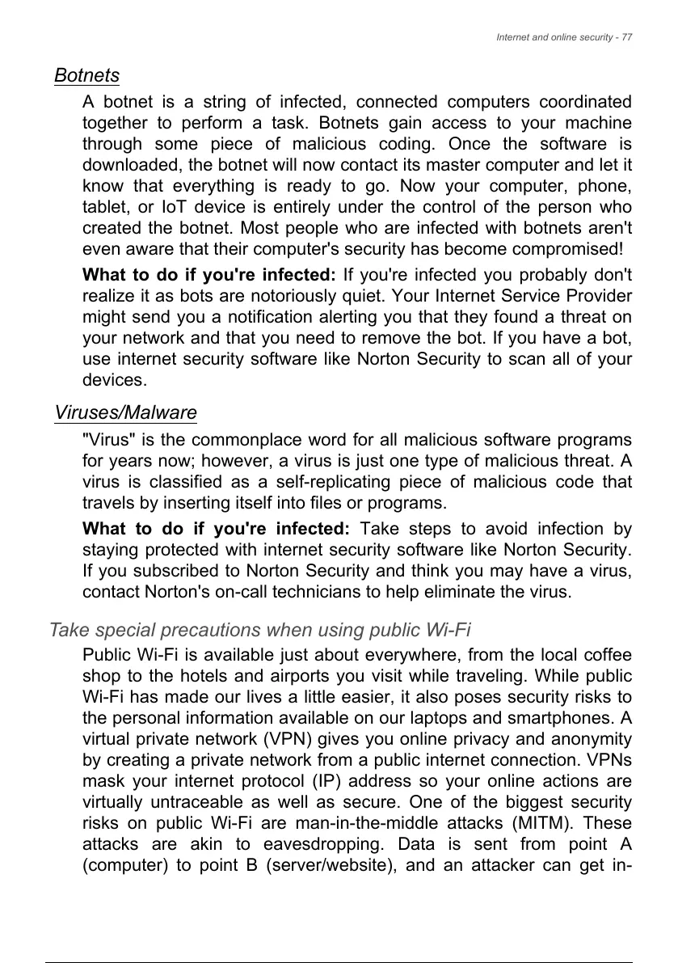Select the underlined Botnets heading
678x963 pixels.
[x=86, y=76]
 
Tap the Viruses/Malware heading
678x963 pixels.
[x=125, y=412]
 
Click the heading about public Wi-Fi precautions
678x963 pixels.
[x=260, y=629]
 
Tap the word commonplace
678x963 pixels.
[x=234, y=440]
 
